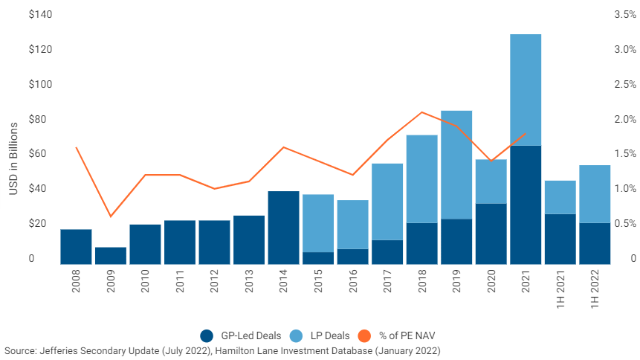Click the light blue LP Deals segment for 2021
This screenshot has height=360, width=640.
click(x=526, y=89)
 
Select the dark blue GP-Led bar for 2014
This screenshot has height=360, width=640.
click(x=283, y=227)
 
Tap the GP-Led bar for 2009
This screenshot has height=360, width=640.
click(x=110, y=255)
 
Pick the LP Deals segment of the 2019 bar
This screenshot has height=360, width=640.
click(x=456, y=164)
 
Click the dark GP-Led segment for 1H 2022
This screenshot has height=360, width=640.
click(x=595, y=243)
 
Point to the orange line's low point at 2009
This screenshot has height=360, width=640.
click(x=110, y=216)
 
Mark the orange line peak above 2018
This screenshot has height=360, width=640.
click(x=421, y=112)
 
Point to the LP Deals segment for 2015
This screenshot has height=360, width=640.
click(x=318, y=223)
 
